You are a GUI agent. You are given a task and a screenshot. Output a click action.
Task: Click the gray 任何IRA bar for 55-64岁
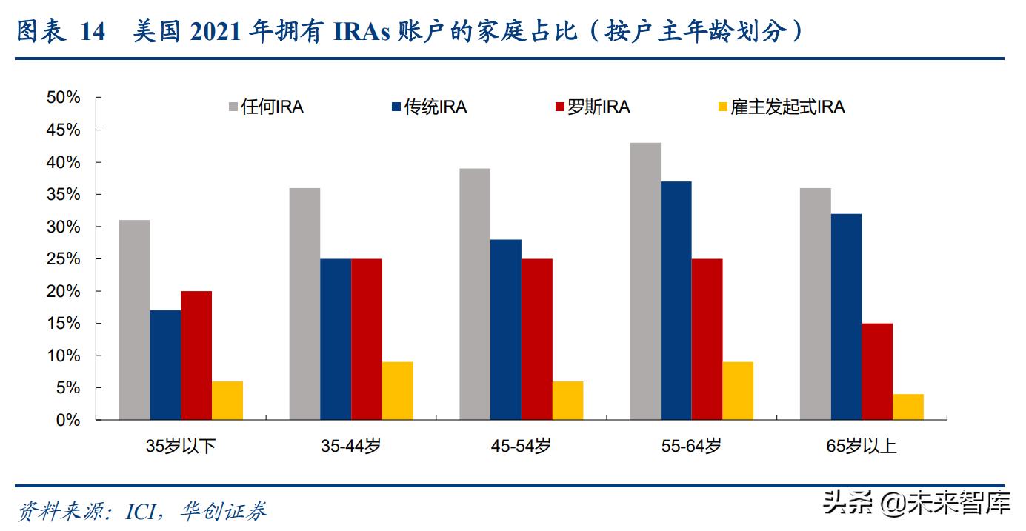point(644,281)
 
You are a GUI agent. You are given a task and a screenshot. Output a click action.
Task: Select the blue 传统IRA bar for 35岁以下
point(165,365)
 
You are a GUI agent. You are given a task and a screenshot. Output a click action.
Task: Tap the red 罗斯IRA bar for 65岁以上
point(877,372)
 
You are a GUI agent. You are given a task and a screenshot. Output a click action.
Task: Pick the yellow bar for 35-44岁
point(397,391)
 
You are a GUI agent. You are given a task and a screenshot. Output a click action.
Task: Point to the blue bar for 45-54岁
point(505,330)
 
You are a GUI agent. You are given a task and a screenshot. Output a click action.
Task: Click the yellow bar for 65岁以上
point(907,407)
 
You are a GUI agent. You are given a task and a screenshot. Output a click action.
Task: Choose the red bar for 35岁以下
point(196,355)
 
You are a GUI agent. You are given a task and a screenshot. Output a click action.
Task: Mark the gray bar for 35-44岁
point(304,304)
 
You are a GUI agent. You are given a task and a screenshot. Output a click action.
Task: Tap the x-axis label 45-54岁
point(521,446)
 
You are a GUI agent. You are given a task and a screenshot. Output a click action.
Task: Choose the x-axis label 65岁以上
point(862,446)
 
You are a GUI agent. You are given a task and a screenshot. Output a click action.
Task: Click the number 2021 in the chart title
point(219,32)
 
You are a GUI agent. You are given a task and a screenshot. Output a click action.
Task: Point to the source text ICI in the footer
point(141,511)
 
